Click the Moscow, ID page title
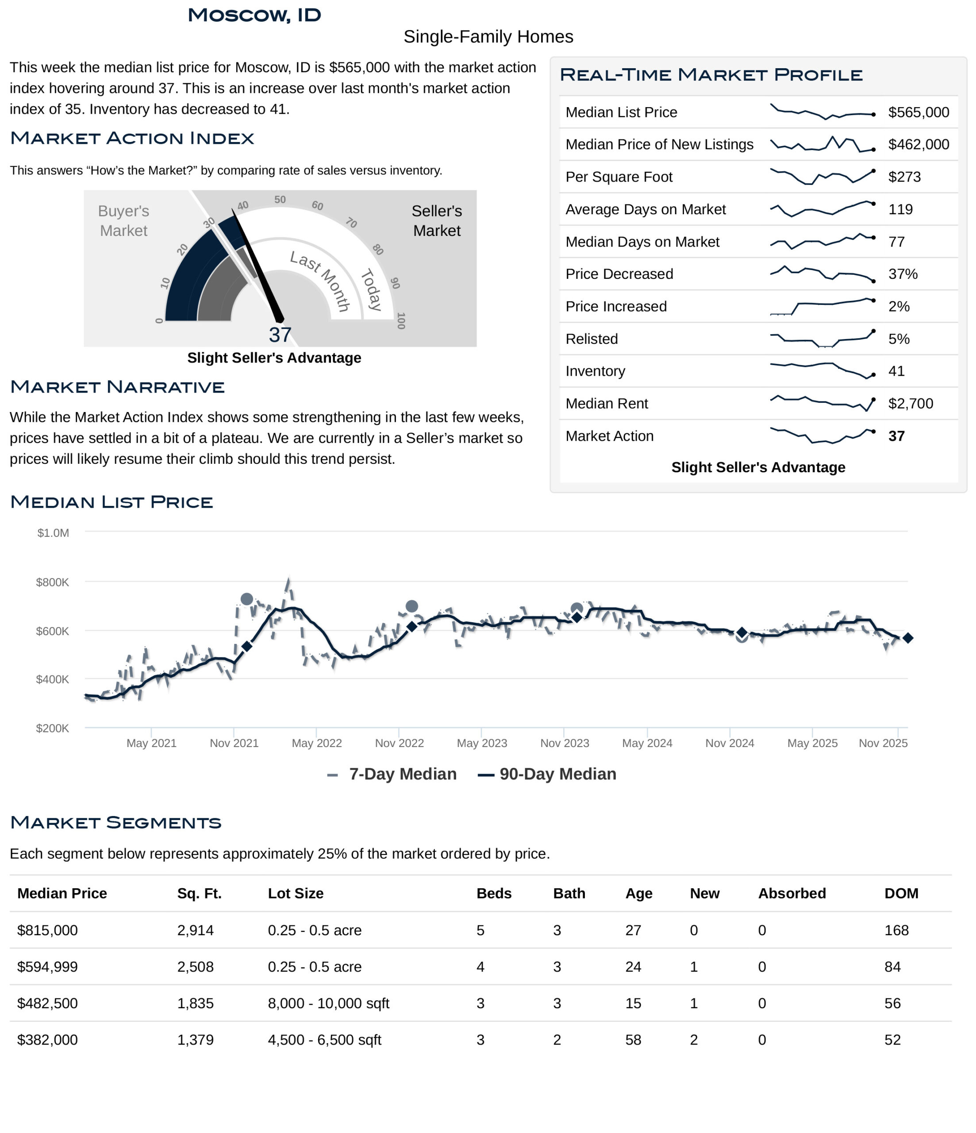tap(254, 15)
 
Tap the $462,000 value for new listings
tap(918, 144)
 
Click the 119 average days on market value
tap(900, 209)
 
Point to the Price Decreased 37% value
tap(902, 274)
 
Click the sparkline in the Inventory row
tap(822, 370)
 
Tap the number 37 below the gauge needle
tap(280, 335)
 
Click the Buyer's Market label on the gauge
tap(123, 221)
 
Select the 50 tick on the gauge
tap(280, 200)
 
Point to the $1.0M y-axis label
tap(53, 533)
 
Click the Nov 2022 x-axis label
tap(399, 743)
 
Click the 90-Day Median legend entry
tap(547, 774)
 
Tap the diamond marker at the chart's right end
tap(908, 638)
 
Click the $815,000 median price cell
tap(48, 930)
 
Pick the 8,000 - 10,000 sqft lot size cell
tap(328, 1003)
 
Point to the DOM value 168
tap(896, 930)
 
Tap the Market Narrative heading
tap(117, 387)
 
